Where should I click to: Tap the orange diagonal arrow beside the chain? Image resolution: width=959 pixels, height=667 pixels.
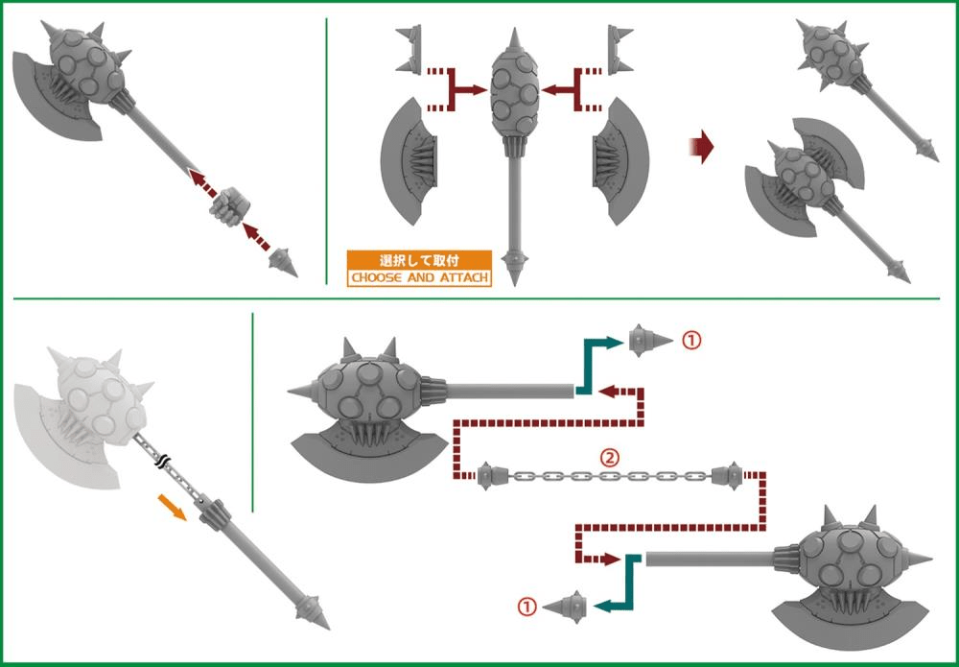(172, 508)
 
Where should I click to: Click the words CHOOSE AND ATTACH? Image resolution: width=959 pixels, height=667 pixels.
(420, 277)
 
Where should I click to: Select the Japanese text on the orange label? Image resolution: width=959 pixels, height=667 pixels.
(419, 260)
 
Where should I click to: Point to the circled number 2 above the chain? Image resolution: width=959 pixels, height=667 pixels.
(609, 458)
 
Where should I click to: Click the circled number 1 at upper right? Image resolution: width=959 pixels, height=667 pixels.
(691, 341)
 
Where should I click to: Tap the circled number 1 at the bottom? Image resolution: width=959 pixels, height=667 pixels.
(526, 607)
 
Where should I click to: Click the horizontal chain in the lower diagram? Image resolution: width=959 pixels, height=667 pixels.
(610, 476)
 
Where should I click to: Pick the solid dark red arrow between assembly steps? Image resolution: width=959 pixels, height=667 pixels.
(702, 147)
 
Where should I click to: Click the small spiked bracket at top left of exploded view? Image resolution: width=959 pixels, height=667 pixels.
(409, 49)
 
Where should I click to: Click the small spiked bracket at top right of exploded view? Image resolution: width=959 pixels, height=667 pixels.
(620, 49)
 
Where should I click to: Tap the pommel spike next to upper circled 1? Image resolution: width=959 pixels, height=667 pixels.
(649, 341)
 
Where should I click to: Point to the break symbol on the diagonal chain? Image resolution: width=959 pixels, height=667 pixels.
(162, 463)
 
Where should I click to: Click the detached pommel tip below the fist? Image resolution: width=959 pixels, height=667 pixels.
(284, 262)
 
